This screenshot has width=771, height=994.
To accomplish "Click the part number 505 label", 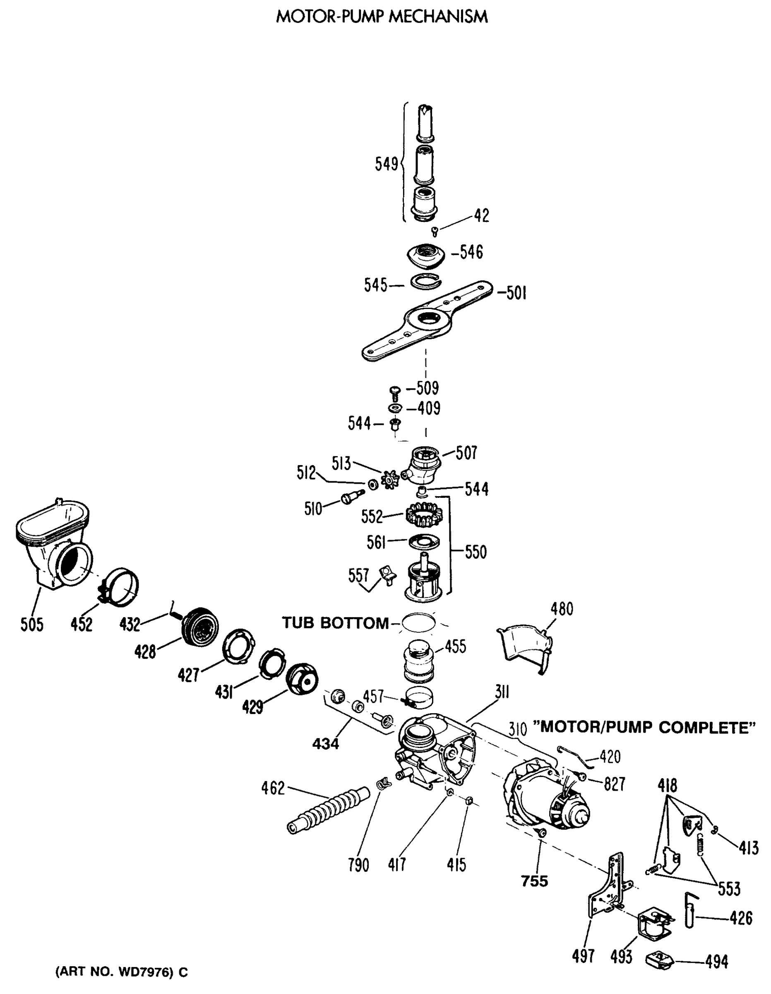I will coord(32,625).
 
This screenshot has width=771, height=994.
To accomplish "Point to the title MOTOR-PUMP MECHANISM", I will coord(382,17).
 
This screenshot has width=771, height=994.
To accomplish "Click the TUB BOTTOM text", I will coord(335,622).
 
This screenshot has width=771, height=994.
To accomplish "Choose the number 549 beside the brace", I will coord(386,164).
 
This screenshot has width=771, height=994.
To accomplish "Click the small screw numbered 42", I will coord(435,232).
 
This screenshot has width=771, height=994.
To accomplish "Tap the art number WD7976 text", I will coord(121,972).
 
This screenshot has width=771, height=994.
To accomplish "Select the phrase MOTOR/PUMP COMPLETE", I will coord(644,727).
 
